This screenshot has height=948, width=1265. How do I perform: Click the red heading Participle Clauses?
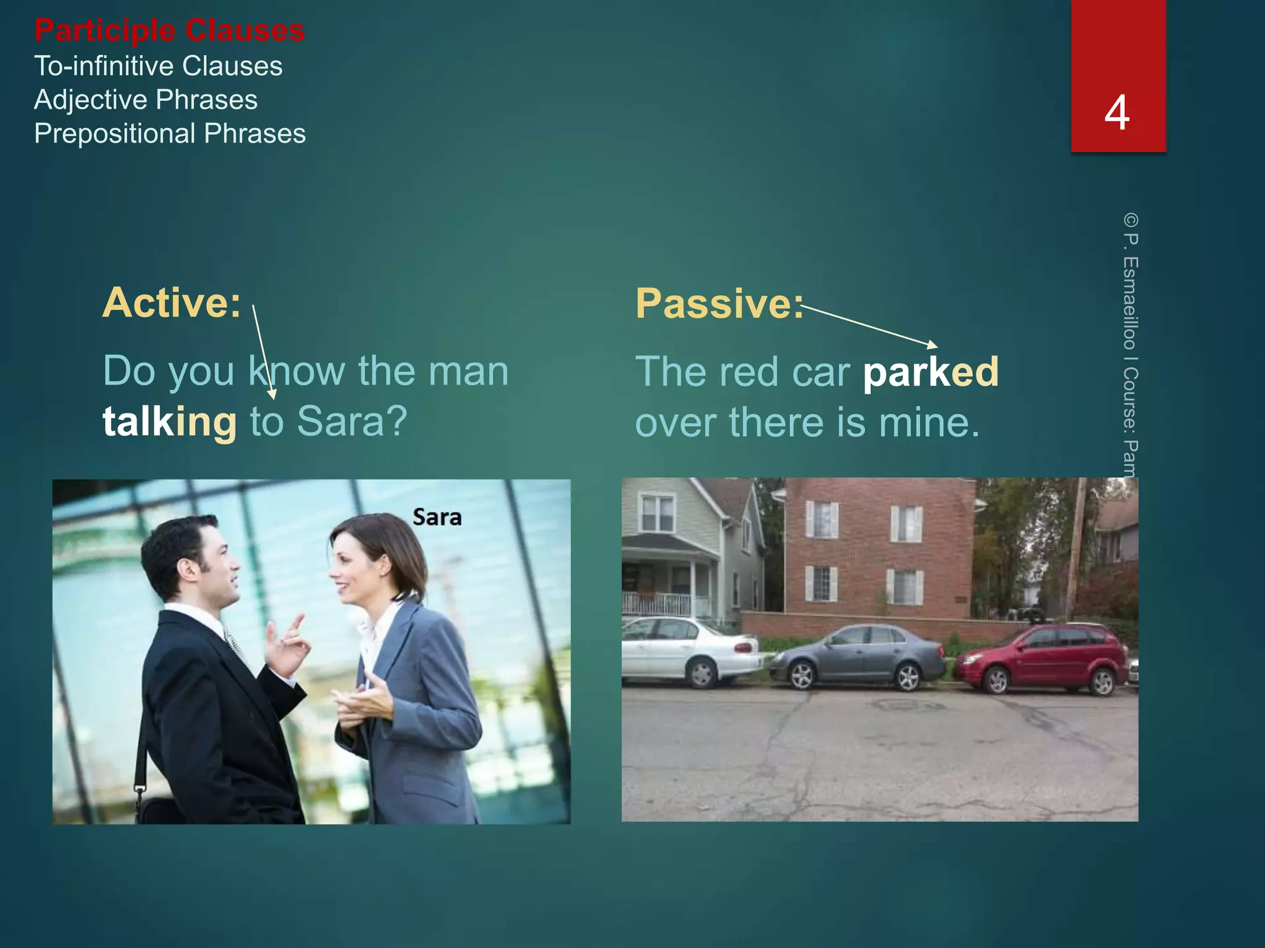[x=169, y=31]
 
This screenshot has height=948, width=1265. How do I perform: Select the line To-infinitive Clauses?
[x=158, y=66]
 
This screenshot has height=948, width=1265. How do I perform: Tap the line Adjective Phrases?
[x=146, y=100]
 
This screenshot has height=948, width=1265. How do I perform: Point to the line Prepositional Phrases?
[x=170, y=133]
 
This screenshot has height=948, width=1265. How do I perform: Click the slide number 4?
[x=1117, y=113]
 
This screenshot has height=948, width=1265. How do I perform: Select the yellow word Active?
[x=171, y=302]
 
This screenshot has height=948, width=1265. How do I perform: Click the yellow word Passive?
[x=720, y=304]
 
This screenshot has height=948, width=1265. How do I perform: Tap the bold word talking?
[x=169, y=422]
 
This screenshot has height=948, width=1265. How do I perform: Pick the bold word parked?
[x=930, y=372]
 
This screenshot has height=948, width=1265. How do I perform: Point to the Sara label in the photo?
[x=437, y=517]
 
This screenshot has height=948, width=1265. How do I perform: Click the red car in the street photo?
[x=1044, y=658]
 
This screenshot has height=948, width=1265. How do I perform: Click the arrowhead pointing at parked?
[x=933, y=344]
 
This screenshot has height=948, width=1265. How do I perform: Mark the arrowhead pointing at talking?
[x=272, y=394]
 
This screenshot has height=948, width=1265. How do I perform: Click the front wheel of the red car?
[x=996, y=681]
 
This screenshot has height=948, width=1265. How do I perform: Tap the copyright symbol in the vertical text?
[x=1130, y=220]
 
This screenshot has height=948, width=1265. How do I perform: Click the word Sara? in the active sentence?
[x=352, y=422]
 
